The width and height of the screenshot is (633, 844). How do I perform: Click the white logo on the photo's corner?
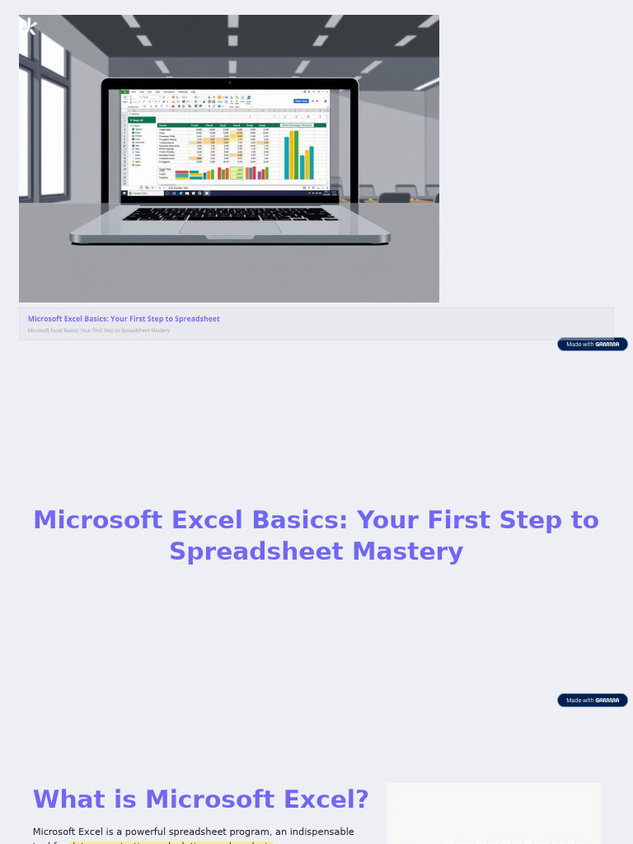coord(30,26)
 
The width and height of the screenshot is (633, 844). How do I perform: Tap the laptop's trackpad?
coord(229,227)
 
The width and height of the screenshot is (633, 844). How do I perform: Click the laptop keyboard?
coord(230,213)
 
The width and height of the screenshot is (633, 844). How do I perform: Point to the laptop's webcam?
coord(230,82)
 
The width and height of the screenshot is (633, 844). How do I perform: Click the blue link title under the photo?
coord(124,319)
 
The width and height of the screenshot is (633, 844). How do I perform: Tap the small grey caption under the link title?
coord(98,331)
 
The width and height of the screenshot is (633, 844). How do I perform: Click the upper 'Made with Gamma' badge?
coord(592,344)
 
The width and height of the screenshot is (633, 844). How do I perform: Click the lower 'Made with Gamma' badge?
coord(592,700)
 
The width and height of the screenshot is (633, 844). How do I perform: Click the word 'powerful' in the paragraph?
coord(144,832)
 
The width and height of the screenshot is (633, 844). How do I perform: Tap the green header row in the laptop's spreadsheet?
coord(241,125)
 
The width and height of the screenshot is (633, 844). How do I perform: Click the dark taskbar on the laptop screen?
coord(230,193)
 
